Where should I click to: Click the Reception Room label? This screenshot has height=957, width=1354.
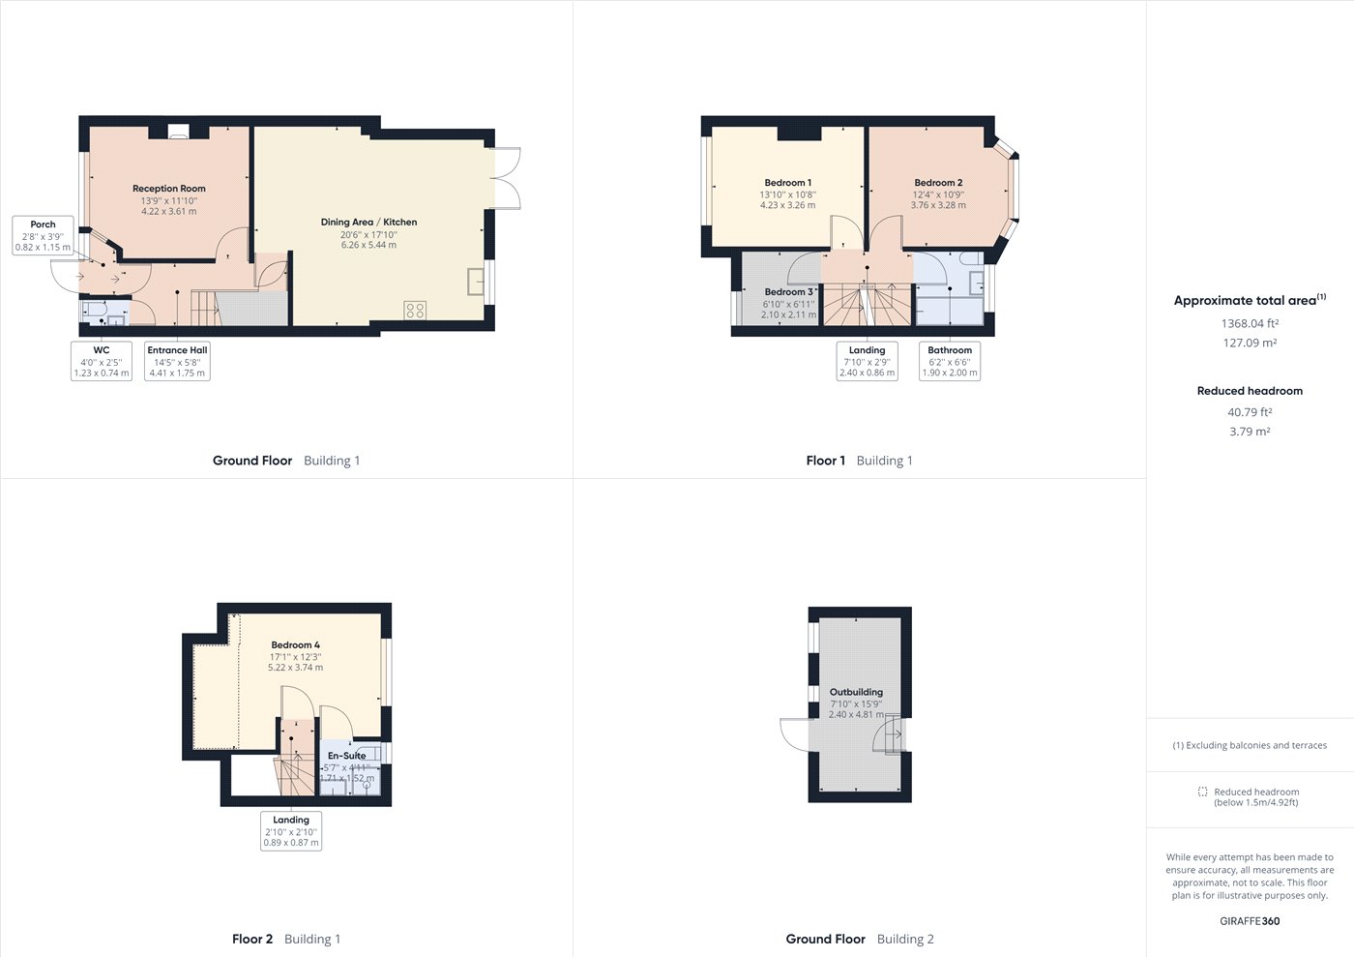point(169,189)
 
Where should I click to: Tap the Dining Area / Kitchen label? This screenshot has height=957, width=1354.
point(368,223)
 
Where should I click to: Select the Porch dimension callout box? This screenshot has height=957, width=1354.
point(44,236)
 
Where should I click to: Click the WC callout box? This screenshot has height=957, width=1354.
point(102,361)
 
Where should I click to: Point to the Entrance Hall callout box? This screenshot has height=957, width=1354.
point(177,361)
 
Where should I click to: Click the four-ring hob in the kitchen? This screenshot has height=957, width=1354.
point(415,311)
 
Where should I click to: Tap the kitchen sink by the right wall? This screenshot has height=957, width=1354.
point(476,280)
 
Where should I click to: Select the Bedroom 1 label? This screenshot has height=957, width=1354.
point(787,183)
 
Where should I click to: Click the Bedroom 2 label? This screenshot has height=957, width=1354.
point(938,183)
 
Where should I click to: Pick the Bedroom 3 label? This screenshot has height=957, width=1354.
point(789,292)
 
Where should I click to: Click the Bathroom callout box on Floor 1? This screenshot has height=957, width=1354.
point(950,361)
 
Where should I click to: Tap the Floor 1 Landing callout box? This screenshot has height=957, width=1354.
point(867,361)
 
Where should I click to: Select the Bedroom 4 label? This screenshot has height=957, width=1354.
point(295,645)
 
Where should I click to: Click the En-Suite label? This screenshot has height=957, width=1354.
point(346,756)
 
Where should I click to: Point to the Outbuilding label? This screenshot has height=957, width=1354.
point(856,693)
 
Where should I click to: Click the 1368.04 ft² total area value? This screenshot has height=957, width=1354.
point(1250,324)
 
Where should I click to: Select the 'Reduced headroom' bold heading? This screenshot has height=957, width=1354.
point(1250,391)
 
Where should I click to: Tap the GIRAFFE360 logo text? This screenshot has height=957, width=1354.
point(1250,921)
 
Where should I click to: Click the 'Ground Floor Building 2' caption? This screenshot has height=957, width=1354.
point(860,939)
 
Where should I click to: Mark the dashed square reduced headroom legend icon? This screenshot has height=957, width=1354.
point(1202,792)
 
